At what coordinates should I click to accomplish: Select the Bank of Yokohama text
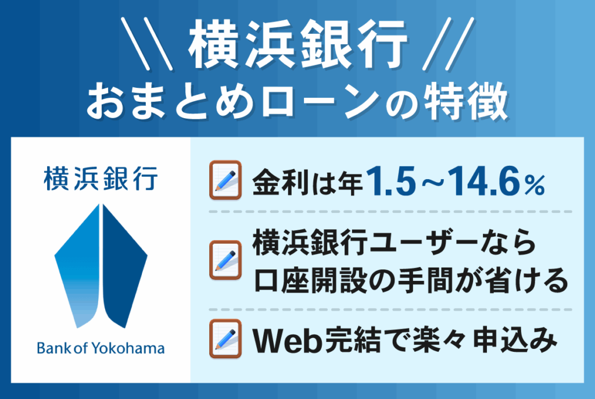tap(101, 348)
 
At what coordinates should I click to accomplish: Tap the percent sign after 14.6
tap(535, 186)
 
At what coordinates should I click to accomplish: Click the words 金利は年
tap(307, 184)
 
